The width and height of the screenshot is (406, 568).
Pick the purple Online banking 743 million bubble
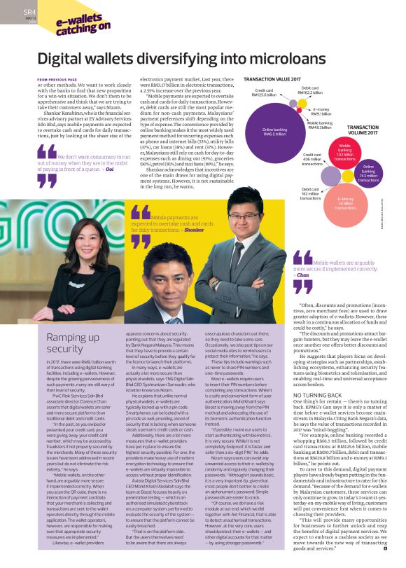pyautogui.click(x=368, y=175)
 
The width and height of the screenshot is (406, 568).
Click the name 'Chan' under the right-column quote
pyautogui.click(x=322, y=275)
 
